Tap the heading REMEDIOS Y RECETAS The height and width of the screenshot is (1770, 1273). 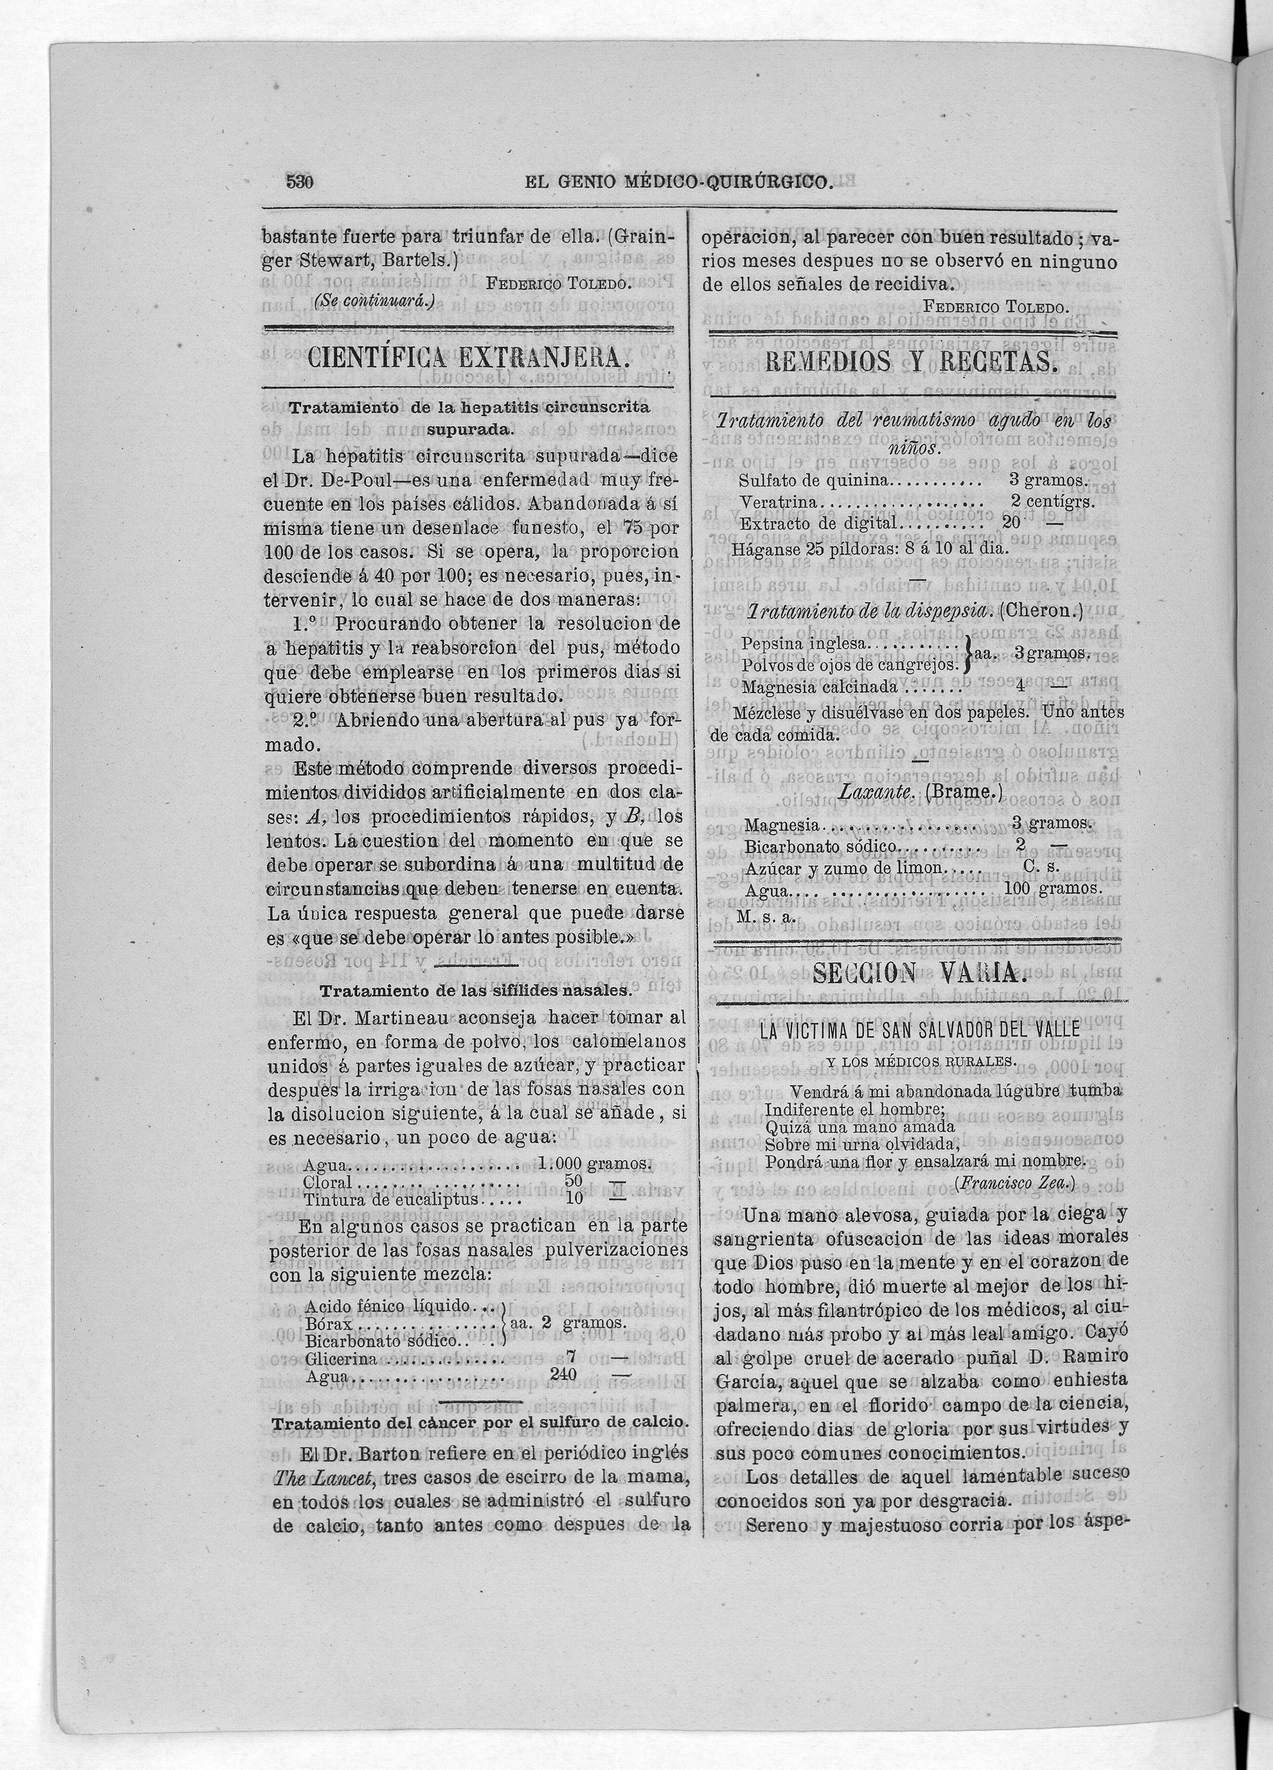911,362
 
